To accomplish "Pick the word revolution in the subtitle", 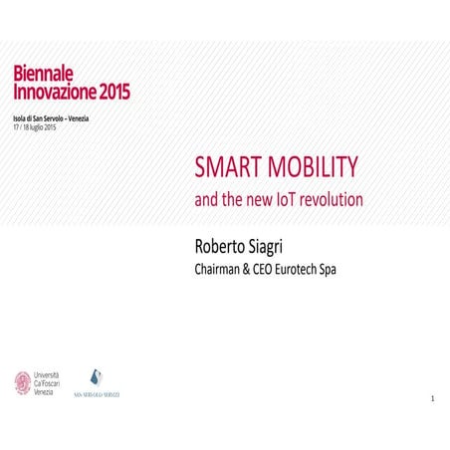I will (x=334, y=199).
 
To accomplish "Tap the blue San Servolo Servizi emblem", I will (x=97, y=376).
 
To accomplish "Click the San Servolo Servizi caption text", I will (x=97, y=395).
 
